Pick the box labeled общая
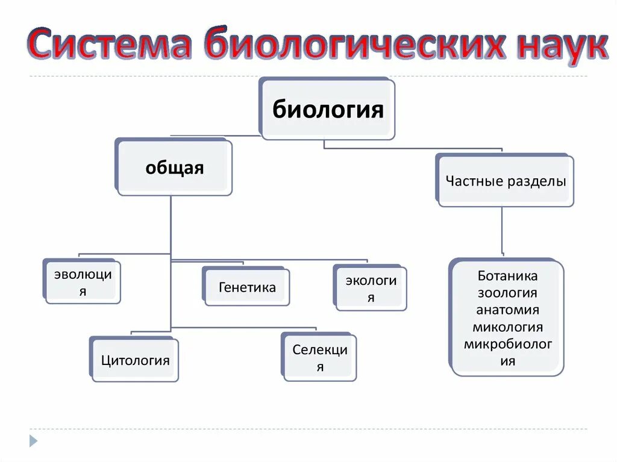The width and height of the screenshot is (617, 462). tap(174, 168)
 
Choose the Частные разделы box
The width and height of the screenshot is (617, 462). tap(506, 181)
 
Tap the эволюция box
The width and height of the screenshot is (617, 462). tap(83, 283)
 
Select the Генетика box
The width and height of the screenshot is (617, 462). tap(247, 287)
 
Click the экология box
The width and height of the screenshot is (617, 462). tap(371, 289)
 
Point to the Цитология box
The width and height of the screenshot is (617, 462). tap(135, 360)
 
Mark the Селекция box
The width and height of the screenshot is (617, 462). tap(319, 358)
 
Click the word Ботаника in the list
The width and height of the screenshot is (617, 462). tap(507, 276)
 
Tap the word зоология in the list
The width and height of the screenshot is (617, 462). tap(507, 293)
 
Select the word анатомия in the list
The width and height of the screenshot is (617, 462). tap(507, 310)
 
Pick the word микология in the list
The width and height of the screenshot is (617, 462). tap(507, 327)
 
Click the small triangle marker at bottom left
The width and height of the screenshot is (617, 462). tap(34, 440)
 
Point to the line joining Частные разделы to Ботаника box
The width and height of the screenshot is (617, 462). tap(503, 231)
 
